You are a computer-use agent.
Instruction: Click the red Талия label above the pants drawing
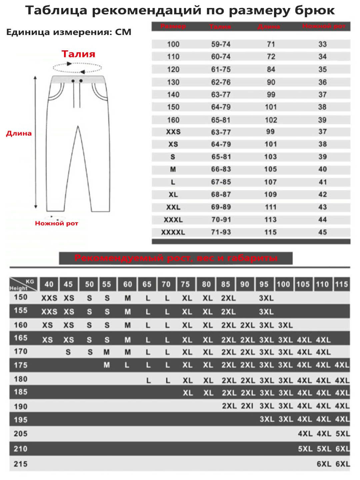click(x=78, y=54)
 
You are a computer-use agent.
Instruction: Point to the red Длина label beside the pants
click(x=19, y=133)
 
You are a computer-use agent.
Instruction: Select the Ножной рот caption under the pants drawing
click(x=56, y=223)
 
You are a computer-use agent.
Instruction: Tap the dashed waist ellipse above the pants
click(x=77, y=68)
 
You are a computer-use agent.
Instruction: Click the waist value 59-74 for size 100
click(x=221, y=44)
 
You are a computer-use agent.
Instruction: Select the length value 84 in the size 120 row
click(x=271, y=69)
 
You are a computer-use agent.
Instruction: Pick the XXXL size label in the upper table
click(x=173, y=220)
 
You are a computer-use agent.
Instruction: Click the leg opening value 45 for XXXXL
click(x=322, y=232)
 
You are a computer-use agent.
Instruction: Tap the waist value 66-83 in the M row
click(x=221, y=169)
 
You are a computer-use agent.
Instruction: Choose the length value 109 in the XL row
click(x=271, y=194)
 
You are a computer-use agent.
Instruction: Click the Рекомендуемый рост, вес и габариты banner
click(x=176, y=258)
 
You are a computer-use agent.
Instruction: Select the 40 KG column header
click(x=49, y=284)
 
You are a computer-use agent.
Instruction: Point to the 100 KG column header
click(x=283, y=284)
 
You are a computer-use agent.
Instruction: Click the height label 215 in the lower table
click(x=21, y=464)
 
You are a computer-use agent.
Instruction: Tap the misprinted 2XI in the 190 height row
click(x=247, y=406)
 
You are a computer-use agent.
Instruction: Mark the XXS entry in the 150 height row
click(x=49, y=298)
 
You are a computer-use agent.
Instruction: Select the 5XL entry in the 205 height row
click(x=343, y=434)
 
